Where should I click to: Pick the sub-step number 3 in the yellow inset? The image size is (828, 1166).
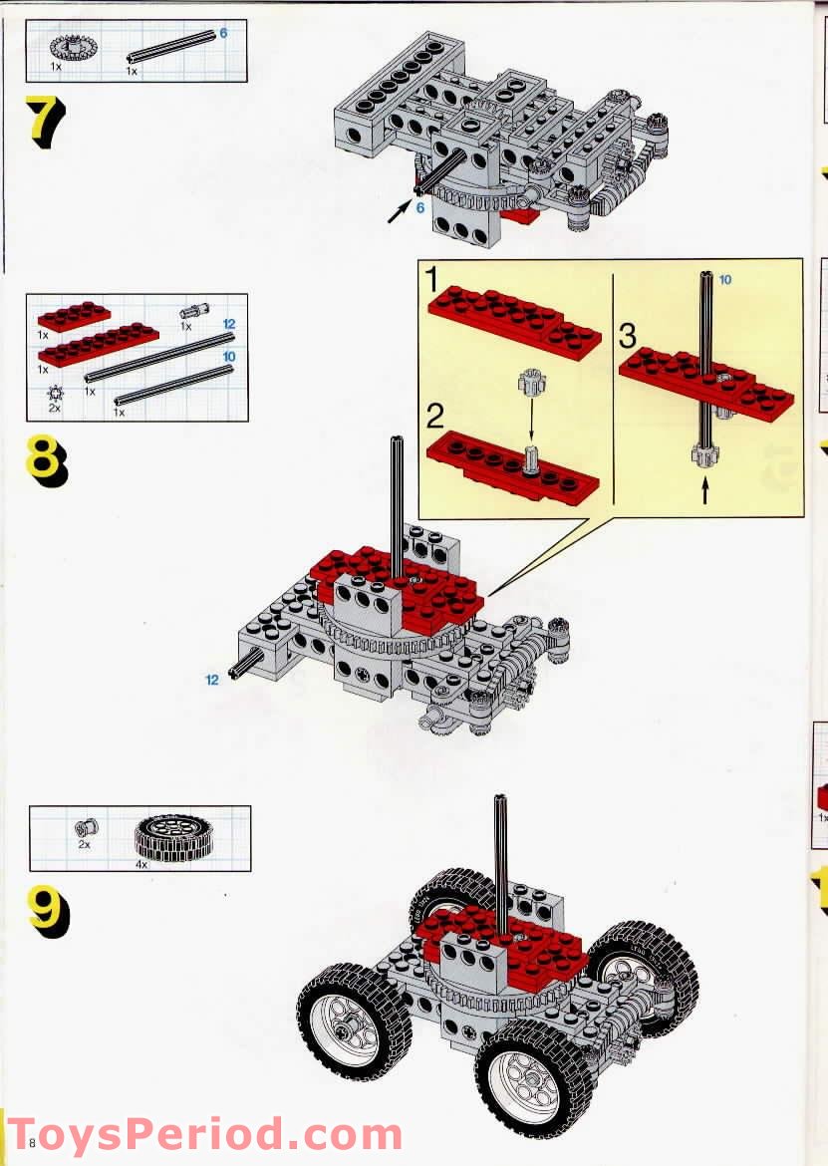coord(628,336)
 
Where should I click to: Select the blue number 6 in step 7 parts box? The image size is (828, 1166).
coord(223,33)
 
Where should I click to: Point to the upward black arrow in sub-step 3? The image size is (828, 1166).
coord(705,490)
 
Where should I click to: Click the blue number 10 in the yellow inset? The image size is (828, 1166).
coord(724,280)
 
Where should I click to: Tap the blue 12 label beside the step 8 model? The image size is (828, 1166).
coord(212,680)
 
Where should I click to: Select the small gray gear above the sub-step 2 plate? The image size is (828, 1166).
coord(528,383)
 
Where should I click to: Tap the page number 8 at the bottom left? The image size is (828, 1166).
coord(33,1142)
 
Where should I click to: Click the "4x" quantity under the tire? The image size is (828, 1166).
coord(141,865)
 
